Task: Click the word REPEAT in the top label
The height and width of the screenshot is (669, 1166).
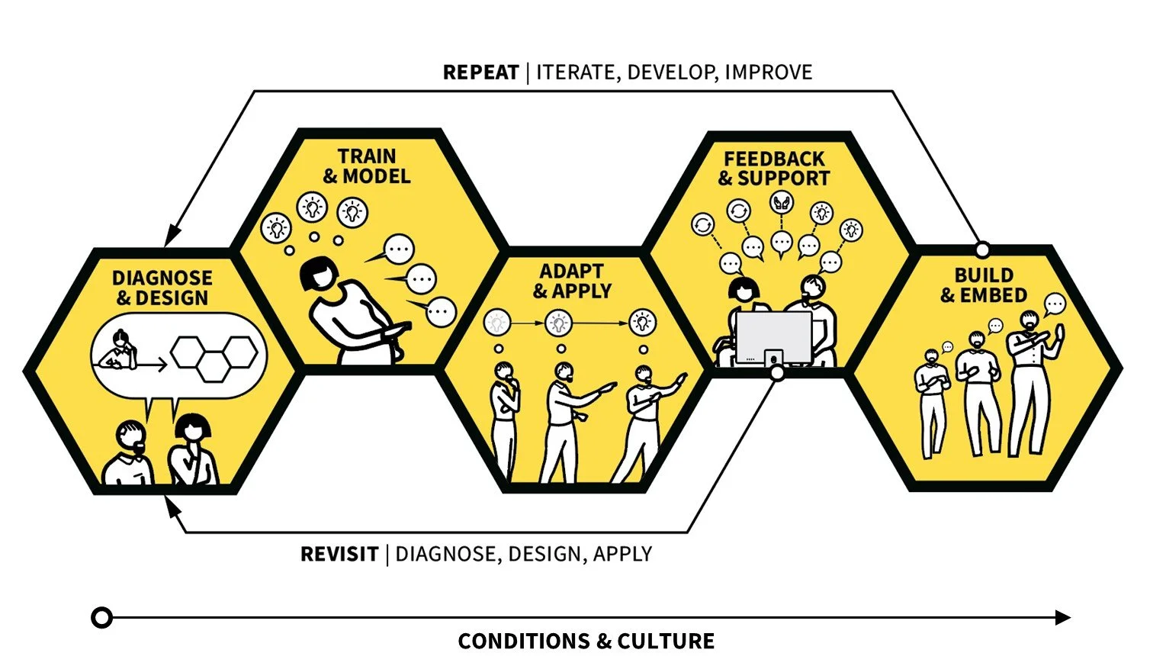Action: tap(480, 72)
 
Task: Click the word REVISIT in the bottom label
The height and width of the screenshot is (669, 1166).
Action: tap(339, 554)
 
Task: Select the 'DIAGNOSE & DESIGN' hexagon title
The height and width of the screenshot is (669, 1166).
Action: tap(162, 288)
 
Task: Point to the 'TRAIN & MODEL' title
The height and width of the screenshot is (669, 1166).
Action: tap(367, 166)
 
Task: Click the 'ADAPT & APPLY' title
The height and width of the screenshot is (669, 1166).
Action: tap(572, 281)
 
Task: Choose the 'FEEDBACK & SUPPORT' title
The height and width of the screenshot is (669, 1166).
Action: tap(774, 169)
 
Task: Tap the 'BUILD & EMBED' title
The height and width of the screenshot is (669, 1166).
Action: tap(984, 285)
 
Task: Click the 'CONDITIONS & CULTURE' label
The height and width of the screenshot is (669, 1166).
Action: tap(586, 641)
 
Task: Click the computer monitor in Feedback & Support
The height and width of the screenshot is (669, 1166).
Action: tap(773, 337)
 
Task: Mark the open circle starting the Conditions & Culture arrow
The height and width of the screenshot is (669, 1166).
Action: tap(101, 617)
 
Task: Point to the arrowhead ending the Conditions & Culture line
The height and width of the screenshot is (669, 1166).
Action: tap(1062, 617)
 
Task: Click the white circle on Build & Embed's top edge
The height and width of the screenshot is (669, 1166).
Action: tap(982, 249)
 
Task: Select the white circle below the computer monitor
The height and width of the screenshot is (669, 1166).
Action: tap(776, 373)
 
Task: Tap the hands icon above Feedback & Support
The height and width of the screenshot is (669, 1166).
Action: tap(782, 202)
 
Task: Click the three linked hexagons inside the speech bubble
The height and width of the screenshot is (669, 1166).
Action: tap(214, 355)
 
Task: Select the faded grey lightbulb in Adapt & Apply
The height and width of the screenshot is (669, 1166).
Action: tap(496, 323)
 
